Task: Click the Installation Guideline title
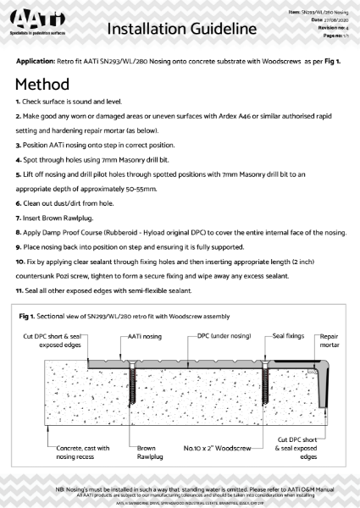[181, 30]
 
